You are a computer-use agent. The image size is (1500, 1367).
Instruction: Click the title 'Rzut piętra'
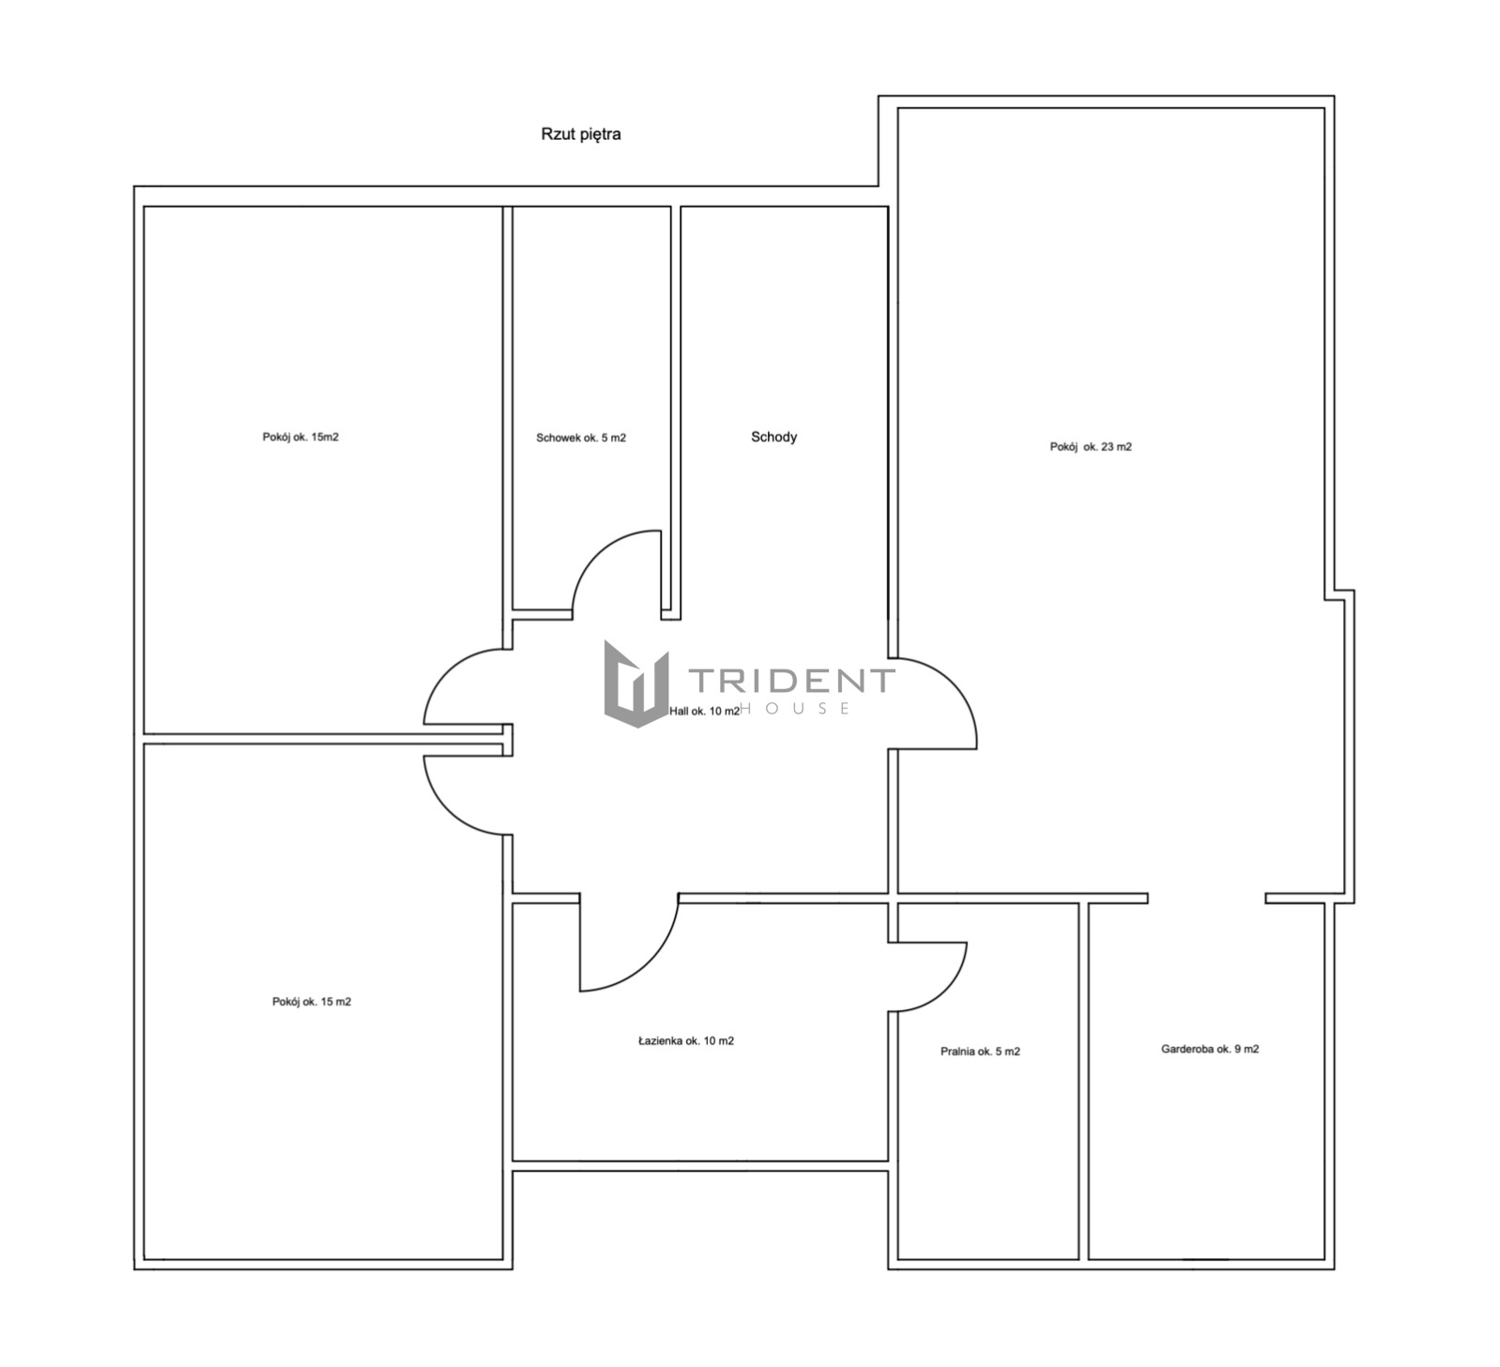coord(580,134)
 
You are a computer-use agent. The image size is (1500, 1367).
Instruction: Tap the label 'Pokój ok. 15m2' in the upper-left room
coord(300,437)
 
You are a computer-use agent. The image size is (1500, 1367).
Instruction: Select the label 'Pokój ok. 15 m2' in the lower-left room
coord(312,1002)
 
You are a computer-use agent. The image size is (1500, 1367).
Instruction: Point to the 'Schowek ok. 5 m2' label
coord(581,438)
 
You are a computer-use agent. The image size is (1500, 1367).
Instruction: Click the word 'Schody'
coord(773,437)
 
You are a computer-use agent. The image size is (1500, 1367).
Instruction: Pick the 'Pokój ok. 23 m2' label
coord(1091,447)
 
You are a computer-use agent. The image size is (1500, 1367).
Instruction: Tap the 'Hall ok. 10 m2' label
coord(705,711)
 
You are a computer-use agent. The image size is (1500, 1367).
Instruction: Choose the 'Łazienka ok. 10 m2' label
coord(686,1040)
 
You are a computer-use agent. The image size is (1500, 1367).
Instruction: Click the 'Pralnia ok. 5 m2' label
coord(980,1052)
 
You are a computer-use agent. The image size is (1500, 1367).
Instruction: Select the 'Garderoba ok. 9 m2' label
coord(1210,1049)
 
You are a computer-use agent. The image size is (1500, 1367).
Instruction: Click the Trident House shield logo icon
coord(636,683)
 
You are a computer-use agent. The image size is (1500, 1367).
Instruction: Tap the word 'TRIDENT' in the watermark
coord(792,680)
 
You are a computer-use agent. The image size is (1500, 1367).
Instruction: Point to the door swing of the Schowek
coord(596,553)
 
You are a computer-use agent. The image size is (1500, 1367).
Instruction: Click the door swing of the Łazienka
coord(653,967)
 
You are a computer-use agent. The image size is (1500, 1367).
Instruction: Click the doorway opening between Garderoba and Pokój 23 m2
coord(1206,899)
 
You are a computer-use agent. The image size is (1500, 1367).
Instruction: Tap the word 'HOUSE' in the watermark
coord(796,708)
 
